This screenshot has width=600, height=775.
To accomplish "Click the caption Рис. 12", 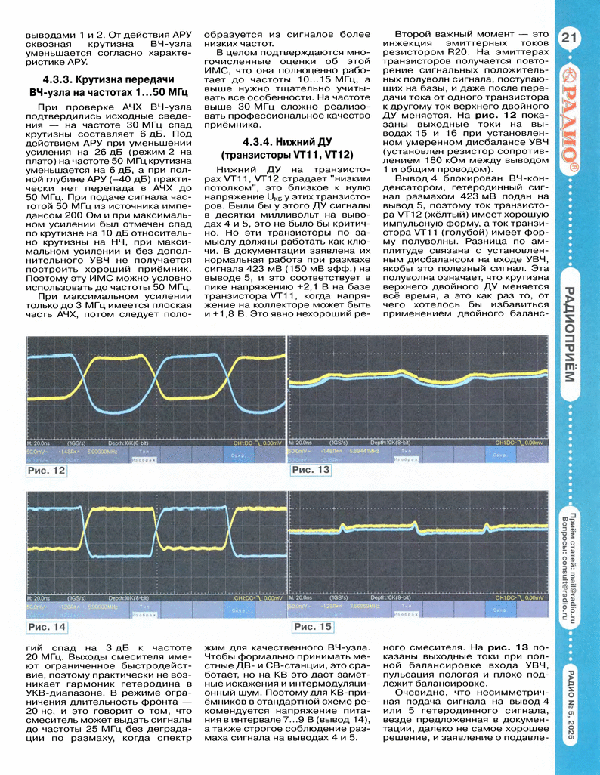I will [x=47, y=471].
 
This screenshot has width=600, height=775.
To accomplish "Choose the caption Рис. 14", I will [x=47, y=627].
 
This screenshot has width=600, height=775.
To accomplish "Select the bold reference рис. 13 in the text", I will [x=489, y=647].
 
